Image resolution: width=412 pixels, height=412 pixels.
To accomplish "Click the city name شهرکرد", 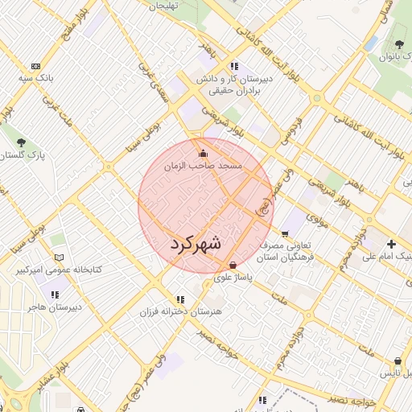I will (x=197, y=244).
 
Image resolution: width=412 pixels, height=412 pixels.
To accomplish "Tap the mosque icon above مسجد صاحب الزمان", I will (x=203, y=153).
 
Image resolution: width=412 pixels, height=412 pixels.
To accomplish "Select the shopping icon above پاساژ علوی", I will (x=233, y=265).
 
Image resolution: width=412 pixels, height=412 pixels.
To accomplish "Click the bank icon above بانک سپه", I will (x=35, y=66).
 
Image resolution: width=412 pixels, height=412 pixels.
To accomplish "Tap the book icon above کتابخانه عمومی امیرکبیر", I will (x=57, y=258).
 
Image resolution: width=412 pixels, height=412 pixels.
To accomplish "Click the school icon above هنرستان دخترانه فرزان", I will (x=180, y=299).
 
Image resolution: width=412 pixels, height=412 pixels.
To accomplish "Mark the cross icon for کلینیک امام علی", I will (x=391, y=244).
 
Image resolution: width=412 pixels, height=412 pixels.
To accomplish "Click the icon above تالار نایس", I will (x=398, y=362).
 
